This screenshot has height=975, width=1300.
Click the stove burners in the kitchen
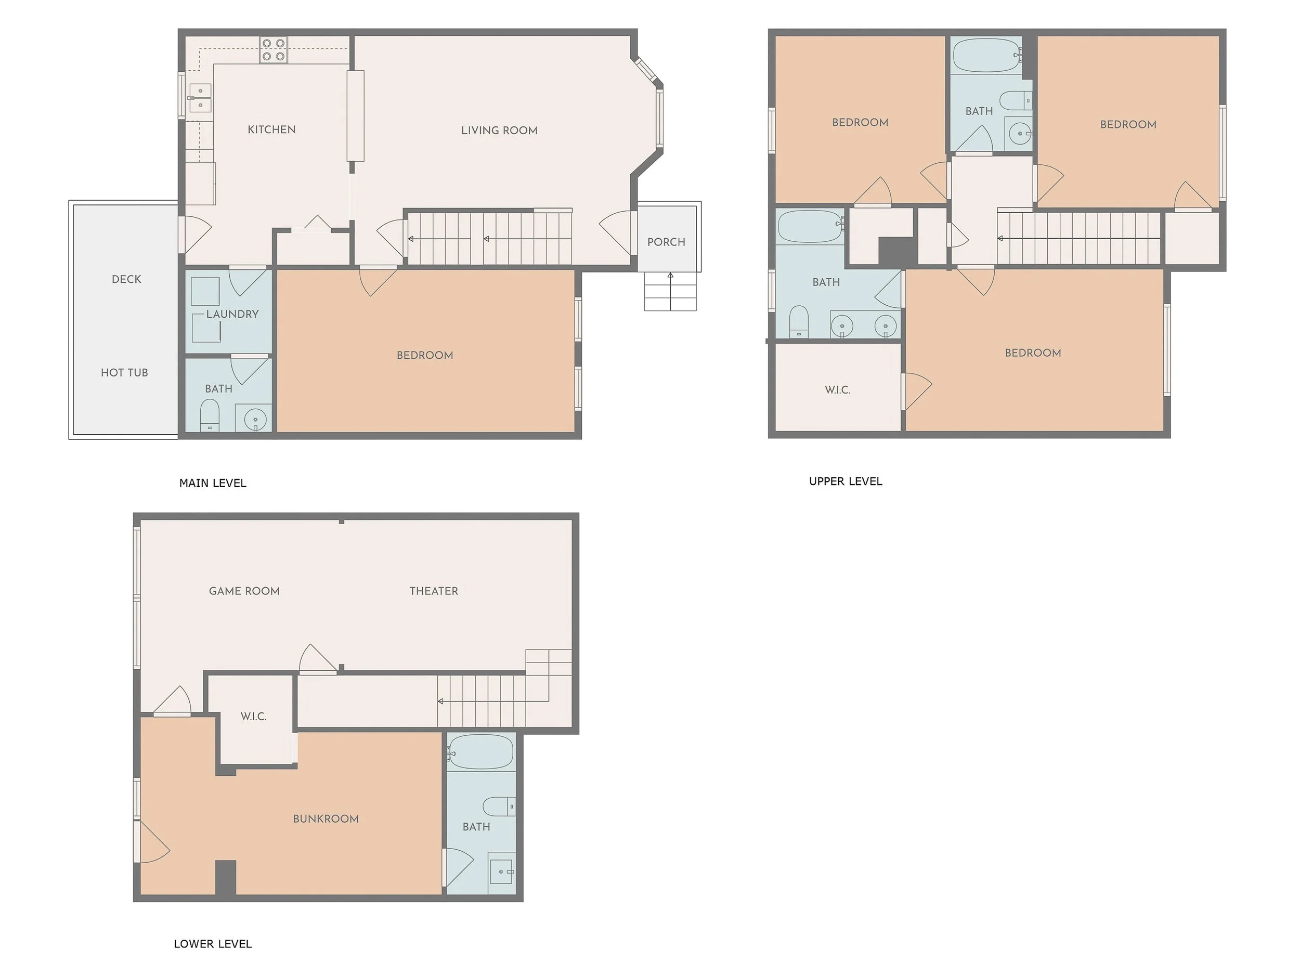point(274,50)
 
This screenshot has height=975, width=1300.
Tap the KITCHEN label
point(271,129)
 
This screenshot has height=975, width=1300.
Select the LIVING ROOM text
point(499,131)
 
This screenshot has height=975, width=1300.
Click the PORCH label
point(666,242)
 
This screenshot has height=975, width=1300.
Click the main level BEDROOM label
point(424,355)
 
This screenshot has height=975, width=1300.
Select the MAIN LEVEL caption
point(213,483)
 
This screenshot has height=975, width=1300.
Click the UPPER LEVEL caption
point(845,482)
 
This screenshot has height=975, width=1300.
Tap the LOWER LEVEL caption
point(213,944)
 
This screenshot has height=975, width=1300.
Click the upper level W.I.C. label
point(838,389)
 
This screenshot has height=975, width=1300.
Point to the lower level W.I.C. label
point(253,717)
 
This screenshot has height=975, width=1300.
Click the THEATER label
point(434,591)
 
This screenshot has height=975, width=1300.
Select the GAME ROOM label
point(244,591)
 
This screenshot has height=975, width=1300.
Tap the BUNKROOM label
point(326,818)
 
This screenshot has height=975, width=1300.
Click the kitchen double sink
point(200,98)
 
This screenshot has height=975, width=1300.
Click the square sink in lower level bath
point(502,872)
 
